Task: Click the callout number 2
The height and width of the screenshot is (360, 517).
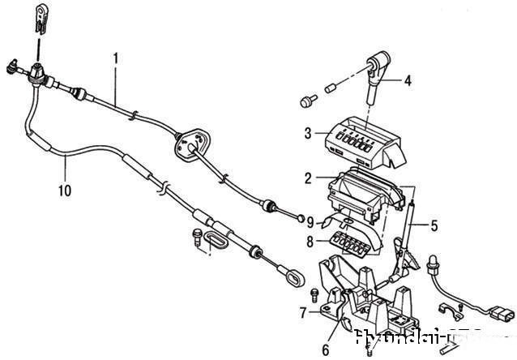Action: click(309, 178)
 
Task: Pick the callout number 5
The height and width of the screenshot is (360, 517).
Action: click(434, 225)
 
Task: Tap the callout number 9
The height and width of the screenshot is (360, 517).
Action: click(309, 221)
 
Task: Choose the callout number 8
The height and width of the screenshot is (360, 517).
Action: click(309, 241)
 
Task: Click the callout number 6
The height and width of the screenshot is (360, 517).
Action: click(325, 350)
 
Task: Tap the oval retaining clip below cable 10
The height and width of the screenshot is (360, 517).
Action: click(215, 241)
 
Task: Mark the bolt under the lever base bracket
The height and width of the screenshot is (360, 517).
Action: click(369, 349)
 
